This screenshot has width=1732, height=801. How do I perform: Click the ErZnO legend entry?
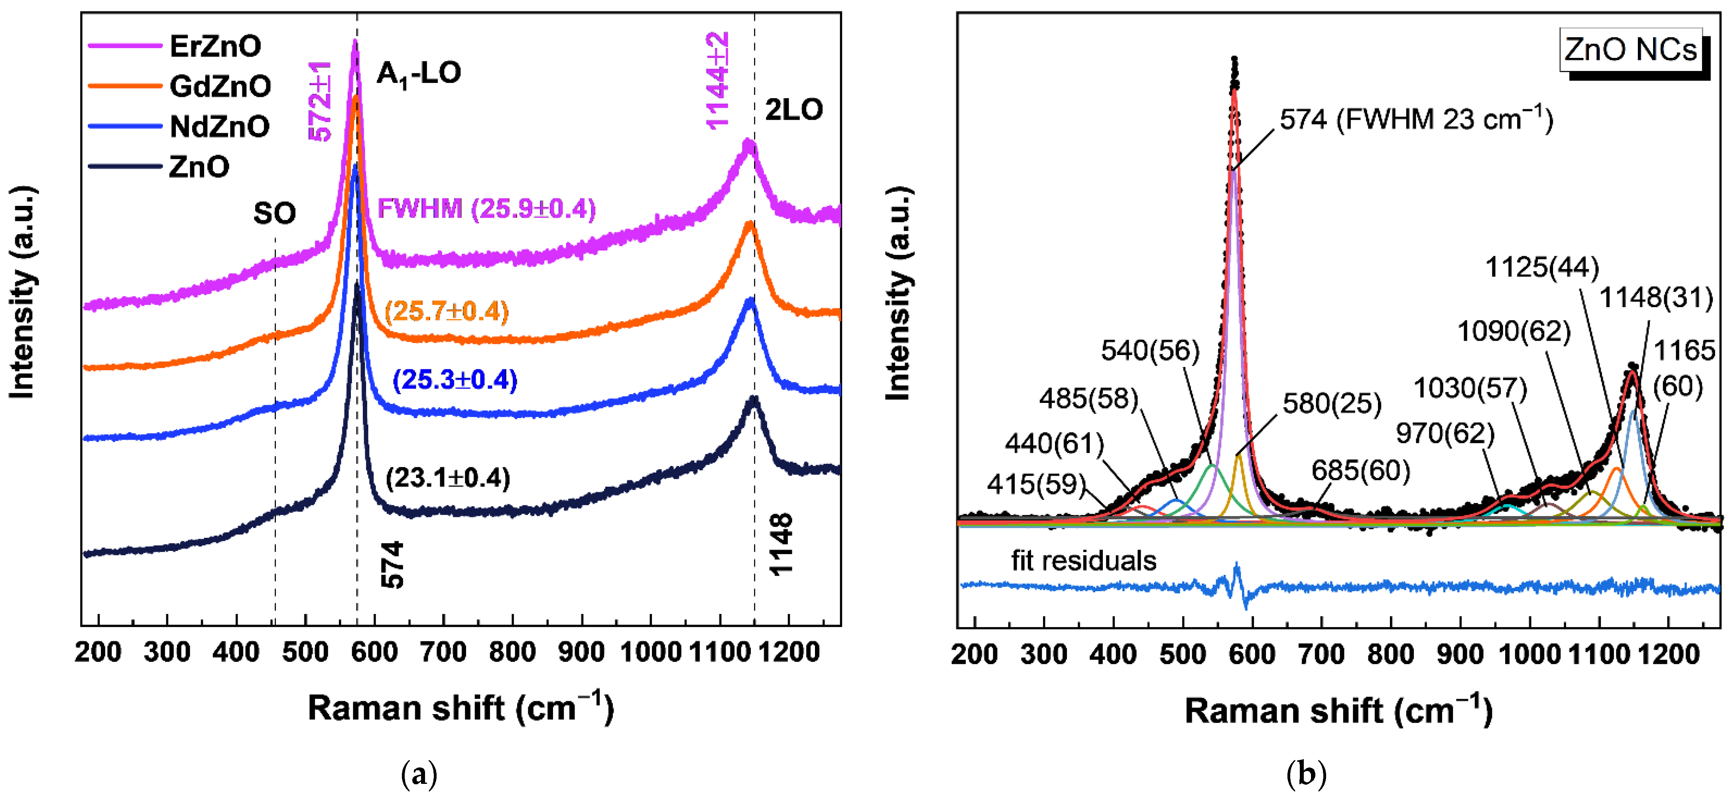[x=215, y=46]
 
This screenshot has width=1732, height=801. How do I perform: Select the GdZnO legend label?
[x=220, y=87]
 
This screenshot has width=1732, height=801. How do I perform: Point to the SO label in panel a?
[x=274, y=214]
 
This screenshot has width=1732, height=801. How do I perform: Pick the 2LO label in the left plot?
[x=793, y=110]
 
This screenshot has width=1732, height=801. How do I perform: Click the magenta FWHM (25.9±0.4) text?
[x=486, y=209]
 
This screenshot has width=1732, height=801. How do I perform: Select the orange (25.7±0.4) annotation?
[x=447, y=312]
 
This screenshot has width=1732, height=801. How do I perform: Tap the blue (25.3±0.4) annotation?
[x=455, y=380]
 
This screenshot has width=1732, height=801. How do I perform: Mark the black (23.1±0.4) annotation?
[x=448, y=478]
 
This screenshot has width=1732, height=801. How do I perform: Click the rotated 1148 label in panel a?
[x=781, y=545]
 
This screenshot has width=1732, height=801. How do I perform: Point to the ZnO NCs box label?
[x=1630, y=50]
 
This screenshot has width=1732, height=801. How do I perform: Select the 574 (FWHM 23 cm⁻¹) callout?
[x=1416, y=120]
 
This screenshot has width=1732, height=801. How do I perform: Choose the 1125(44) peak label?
[x=1542, y=268]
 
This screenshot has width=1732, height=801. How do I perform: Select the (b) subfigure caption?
[x=1306, y=774]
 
